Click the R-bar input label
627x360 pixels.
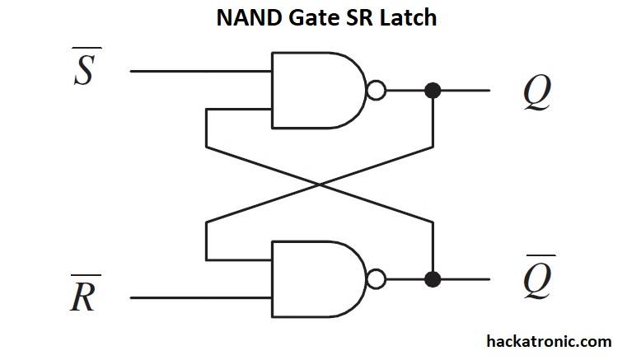coord(85,292)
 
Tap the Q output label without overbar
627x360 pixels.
coord(537,93)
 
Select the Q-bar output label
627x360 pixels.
coord(539,277)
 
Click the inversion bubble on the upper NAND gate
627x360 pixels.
coord(377,91)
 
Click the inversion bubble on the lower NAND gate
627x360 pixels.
coord(377,278)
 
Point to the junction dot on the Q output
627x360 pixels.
coord(433,91)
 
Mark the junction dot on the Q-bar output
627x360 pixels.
coord(433,278)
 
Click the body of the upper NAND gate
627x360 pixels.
coord(319,91)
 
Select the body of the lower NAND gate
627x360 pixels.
coord(319,278)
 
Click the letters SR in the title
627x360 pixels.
coord(358,18)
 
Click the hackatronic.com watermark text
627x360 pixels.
coord(549,341)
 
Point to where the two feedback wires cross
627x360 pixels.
coord(320,185)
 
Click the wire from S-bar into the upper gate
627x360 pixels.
coord(201,71)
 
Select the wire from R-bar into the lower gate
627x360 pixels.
coord(201,297)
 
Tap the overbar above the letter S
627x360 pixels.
coord(87,48)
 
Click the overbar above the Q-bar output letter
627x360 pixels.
coord(541,255)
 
